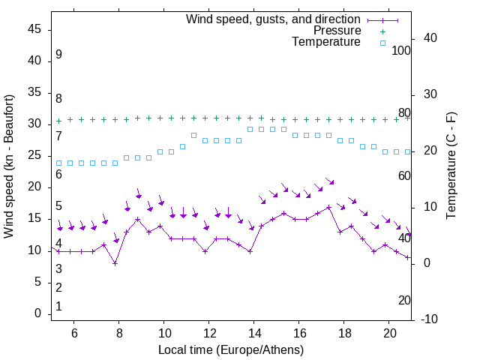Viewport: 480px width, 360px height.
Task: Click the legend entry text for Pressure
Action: click(337, 31)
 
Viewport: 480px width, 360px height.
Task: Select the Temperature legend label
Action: click(326, 42)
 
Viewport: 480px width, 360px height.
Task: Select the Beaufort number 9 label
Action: click(58, 55)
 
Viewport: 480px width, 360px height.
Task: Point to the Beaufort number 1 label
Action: click(58, 307)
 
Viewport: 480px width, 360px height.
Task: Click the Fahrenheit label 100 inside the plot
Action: click(401, 50)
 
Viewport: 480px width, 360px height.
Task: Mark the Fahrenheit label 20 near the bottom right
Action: click(404, 300)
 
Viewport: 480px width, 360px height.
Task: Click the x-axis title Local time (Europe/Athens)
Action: click(231, 349)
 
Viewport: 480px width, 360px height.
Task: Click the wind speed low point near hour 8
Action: click(115, 262)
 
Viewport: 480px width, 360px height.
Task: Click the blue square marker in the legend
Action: click(382, 43)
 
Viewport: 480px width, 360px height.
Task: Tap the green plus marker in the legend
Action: click(382, 31)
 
